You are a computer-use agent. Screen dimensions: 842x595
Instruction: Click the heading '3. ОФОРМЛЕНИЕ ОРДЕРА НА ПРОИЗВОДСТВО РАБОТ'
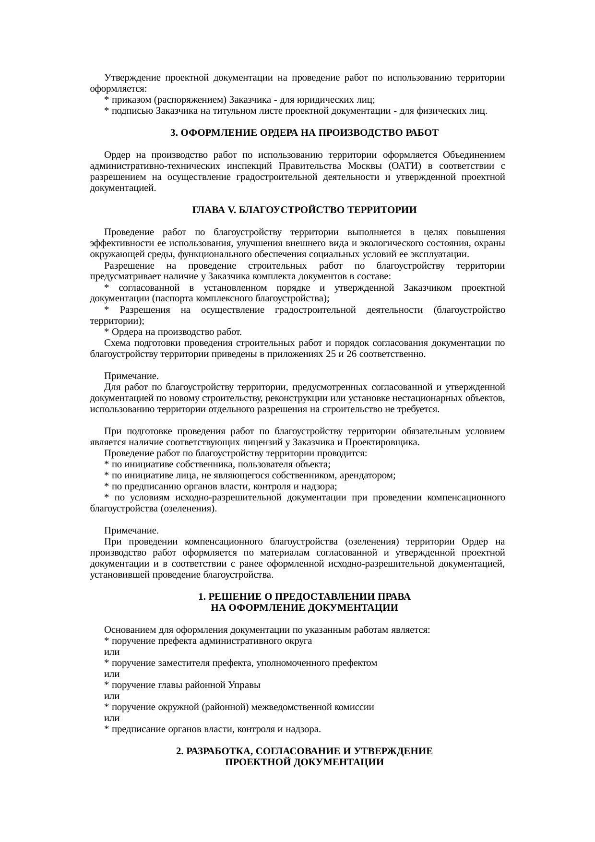click(304, 133)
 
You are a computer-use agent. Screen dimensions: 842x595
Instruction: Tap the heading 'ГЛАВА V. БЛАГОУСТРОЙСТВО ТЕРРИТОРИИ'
click(304, 210)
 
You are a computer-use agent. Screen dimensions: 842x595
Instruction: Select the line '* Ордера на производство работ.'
click(173, 332)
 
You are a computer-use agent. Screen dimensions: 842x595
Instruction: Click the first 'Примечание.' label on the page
click(131, 376)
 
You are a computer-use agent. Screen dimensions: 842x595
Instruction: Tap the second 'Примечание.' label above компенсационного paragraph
click(131, 531)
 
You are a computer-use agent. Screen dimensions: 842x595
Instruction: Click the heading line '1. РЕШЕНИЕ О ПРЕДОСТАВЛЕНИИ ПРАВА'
click(304, 596)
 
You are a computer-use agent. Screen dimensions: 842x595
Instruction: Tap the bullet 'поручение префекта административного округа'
click(208, 641)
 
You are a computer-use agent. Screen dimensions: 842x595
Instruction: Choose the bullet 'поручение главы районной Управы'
click(182, 685)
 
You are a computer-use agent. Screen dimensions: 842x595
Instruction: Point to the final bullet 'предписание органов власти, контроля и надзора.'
click(213, 729)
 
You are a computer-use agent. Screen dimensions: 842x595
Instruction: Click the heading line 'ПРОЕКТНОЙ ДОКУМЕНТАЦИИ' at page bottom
click(304, 762)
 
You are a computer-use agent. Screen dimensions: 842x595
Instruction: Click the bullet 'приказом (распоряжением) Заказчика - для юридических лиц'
click(240, 100)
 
